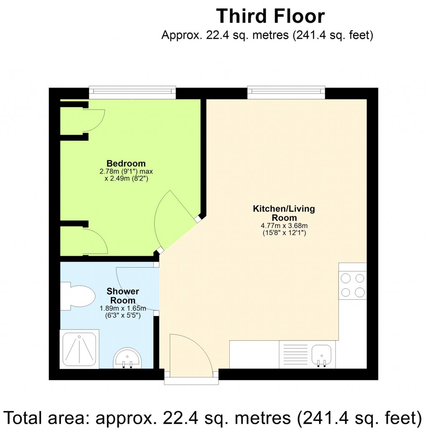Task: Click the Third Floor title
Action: [x=270, y=16]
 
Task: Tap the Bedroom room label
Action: [x=126, y=163]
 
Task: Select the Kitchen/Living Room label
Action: [x=284, y=213]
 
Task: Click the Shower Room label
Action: [x=123, y=296]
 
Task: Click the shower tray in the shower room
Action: [x=79, y=349]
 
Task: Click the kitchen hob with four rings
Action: [x=352, y=285]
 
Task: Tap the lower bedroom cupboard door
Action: [x=96, y=241]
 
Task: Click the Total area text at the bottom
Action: [x=213, y=416]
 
